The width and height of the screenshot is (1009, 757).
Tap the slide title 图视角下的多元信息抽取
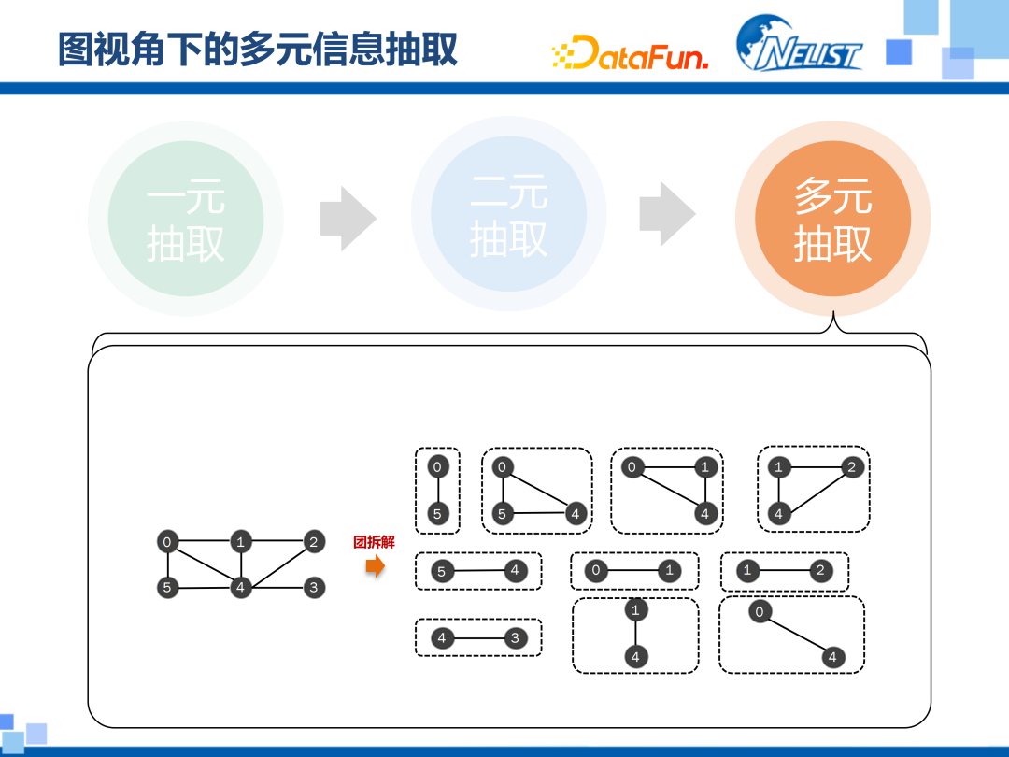point(258,49)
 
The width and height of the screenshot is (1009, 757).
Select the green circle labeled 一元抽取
point(185,219)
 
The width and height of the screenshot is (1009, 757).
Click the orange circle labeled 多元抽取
point(832,218)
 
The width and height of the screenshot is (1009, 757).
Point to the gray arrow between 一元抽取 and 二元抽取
point(348,219)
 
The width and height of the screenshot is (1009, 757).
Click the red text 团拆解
point(374,542)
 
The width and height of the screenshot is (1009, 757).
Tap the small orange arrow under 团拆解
point(375,566)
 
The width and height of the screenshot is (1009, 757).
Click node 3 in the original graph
point(314,588)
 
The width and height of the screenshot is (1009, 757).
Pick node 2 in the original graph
point(314,541)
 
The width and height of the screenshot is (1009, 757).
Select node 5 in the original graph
point(167,588)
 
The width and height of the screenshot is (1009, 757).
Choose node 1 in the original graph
point(241,541)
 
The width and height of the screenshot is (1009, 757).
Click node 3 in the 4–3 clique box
point(515,638)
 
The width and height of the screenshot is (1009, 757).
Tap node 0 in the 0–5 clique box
point(438,466)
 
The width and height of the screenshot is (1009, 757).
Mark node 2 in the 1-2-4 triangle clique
point(850,466)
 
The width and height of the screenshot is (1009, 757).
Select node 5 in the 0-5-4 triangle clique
point(503,513)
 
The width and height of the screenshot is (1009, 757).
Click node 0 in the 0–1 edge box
point(595,570)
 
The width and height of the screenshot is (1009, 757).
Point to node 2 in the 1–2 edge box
point(821,570)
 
